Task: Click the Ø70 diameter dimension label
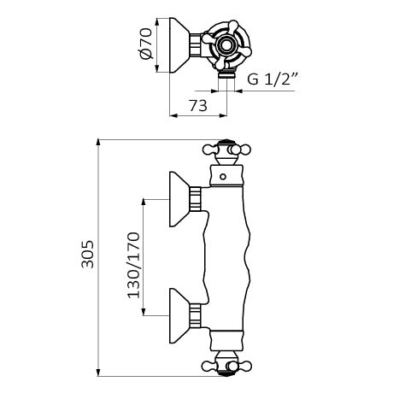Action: click(147, 44)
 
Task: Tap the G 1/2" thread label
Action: click(273, 79)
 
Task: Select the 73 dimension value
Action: click(198, 106)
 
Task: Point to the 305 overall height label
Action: click(87, 255)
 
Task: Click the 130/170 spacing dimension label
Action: click(133, 266)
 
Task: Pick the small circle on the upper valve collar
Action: click(223, 177)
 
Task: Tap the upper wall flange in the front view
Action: click(179, 199)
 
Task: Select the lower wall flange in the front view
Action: click(179, 315)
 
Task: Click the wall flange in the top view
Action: click(179, 45)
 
